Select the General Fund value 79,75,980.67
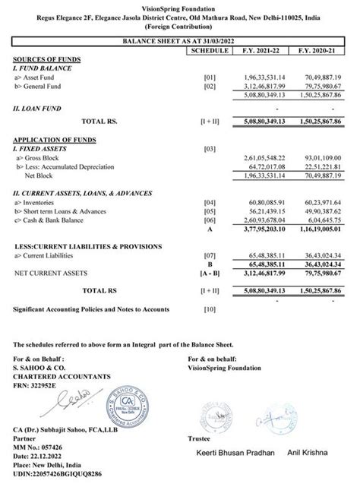(321, 86)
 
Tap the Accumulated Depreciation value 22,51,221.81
(321, 165)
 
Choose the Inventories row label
(37, 203)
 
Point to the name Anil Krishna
(311, 453)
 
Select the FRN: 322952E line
(39, 385)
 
